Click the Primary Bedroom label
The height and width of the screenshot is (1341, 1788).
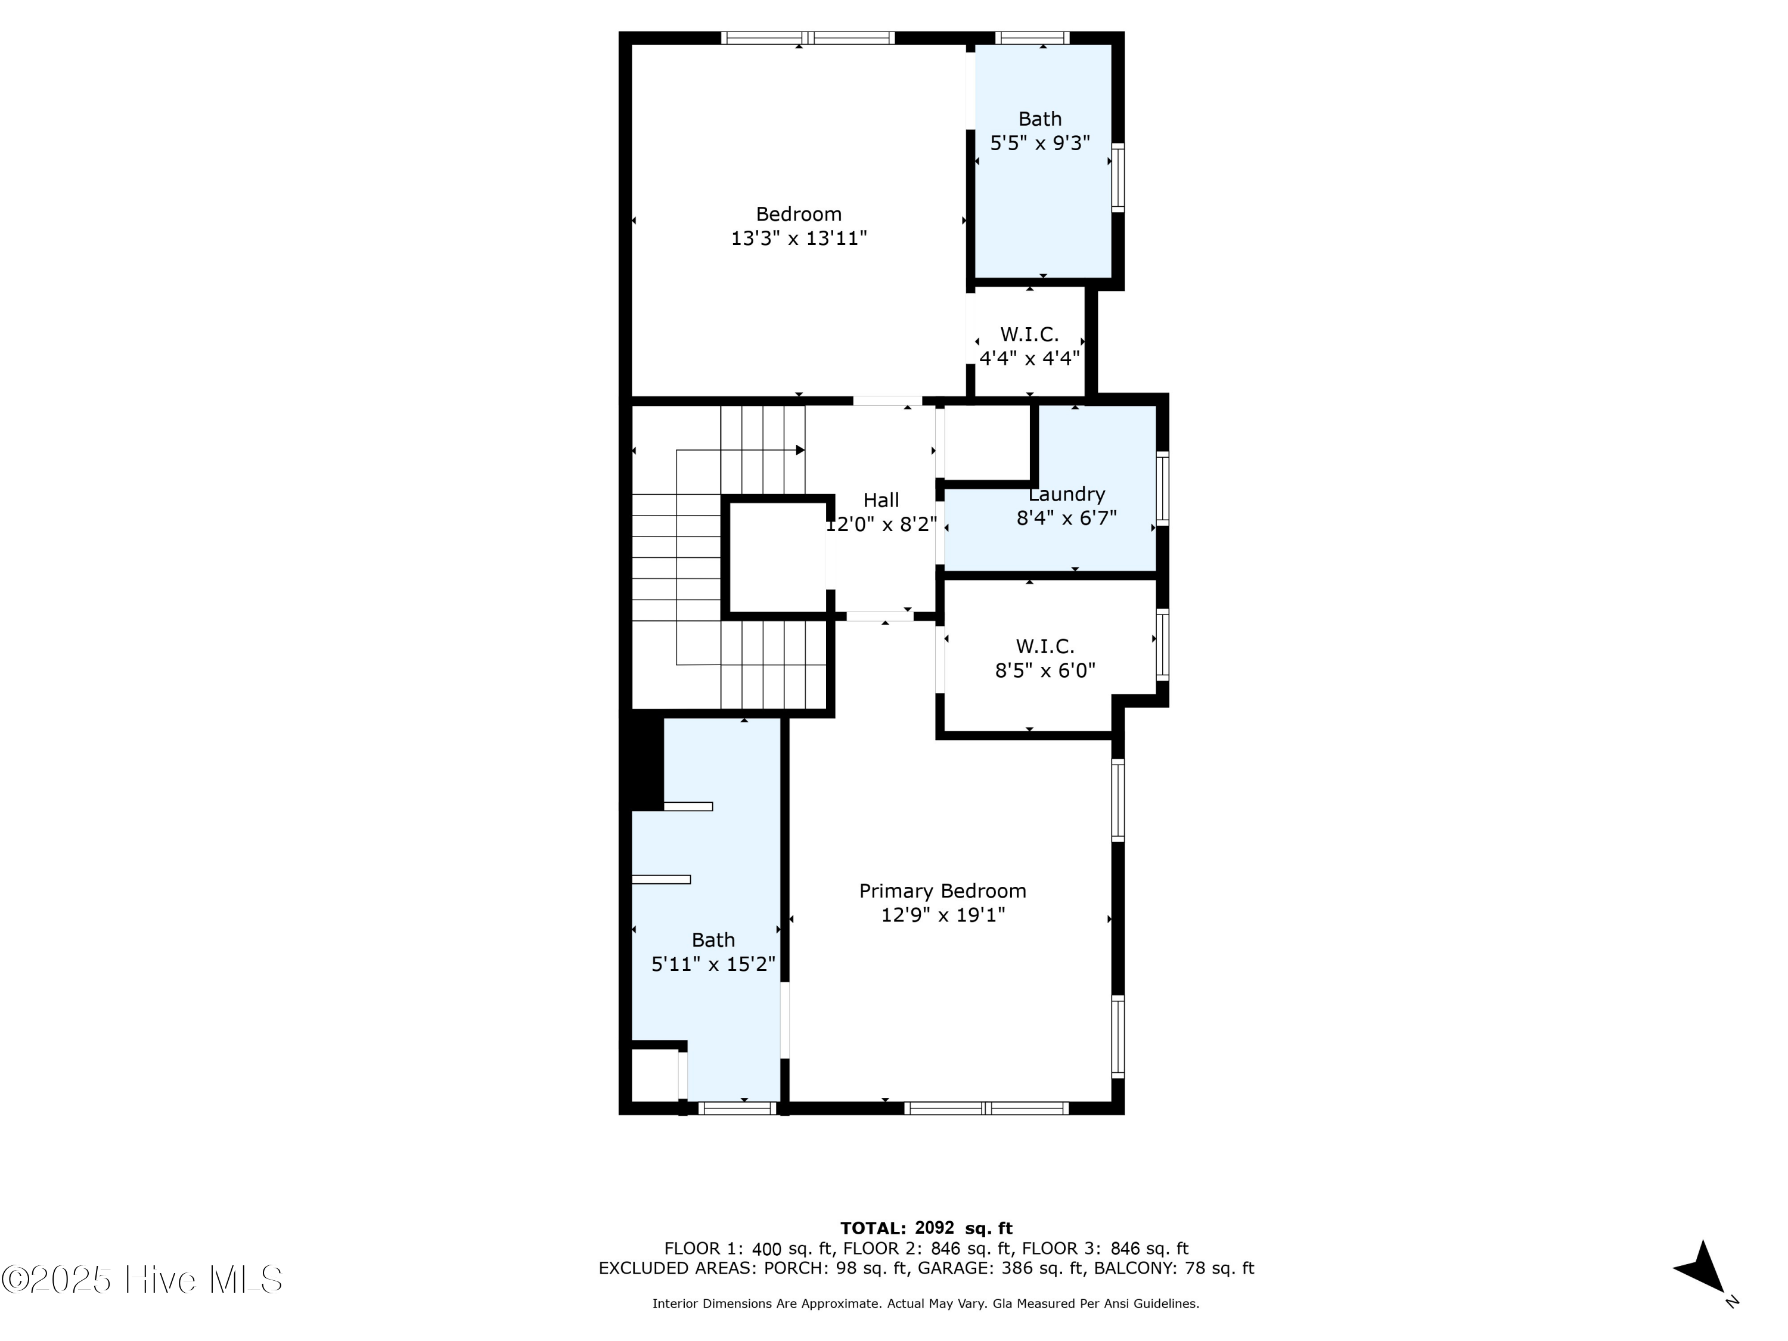pyautogui.click(x=942, y=891)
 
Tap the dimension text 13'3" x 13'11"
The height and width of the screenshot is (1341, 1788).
pyautogui.click(x=799, y=238)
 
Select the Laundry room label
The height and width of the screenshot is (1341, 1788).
pyautogui.click(x=1066, y=494)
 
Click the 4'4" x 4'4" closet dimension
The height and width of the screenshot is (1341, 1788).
pyautogui.click(x=1029, y=358)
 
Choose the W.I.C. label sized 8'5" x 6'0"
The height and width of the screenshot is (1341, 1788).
pyautogui.click(x=1045, y=646)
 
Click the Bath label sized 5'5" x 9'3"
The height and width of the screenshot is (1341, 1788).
pyautogui.click(x=1039, y=119)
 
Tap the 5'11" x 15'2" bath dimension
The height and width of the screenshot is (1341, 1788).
pyautogui.click(x=713, y=964)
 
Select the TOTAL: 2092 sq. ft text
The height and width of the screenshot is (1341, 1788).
pyautogui.click(x=926, y=1228)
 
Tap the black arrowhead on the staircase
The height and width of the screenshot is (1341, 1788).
pyautogui.click(x=800, y=450)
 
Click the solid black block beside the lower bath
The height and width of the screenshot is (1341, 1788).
pyautogui.click(x=647, y=762)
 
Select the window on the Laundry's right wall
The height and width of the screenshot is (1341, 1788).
pyautogui.click(x=1162, y=488)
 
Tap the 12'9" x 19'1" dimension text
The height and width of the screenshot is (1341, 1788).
pyautogui.click(x=942, y=915)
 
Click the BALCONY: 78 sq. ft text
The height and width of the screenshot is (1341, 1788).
pyautogui.click(x=1174, y=1268)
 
